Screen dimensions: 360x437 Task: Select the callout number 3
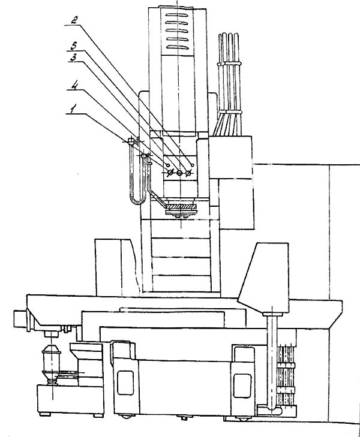click(x=72, y=58)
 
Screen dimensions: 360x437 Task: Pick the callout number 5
click(x=73, y=45)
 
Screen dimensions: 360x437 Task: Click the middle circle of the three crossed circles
click(x=179, y=173)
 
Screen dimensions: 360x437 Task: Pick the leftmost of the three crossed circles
click(x=170, y=173)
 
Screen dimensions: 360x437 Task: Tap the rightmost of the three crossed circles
click(x=189, y=173)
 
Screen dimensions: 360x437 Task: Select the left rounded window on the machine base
click(x=125, y=382)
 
